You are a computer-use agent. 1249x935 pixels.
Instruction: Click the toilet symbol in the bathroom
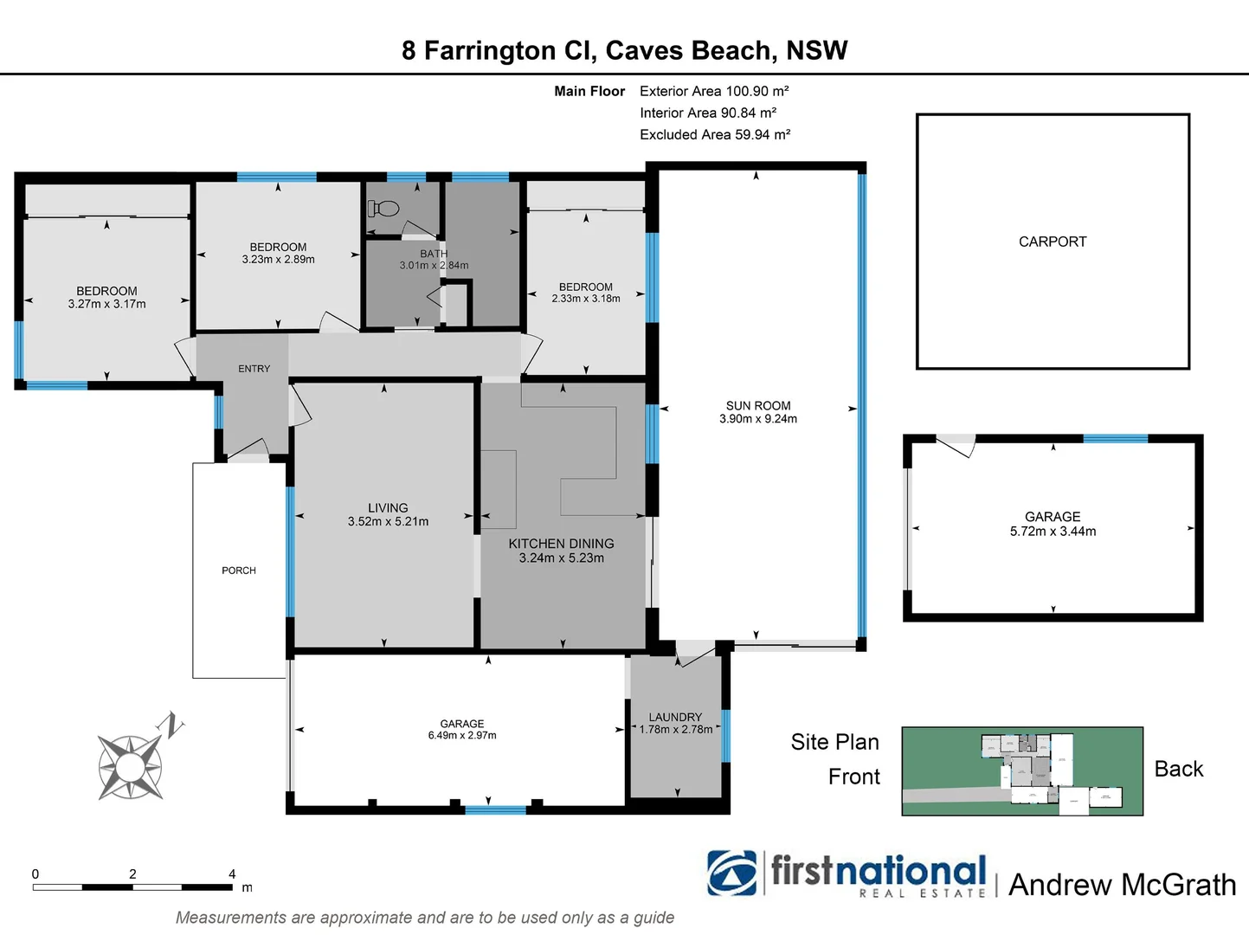pos(383,209)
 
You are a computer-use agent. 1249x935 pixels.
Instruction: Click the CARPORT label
pos(1052,242)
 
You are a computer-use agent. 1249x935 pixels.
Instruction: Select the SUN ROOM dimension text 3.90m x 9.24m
pos(757,419)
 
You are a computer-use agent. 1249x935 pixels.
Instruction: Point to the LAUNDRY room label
pos(675,717)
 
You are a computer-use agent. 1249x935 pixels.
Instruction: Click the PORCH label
pos(239,571)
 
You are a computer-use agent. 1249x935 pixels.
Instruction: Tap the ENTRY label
pos(254,369)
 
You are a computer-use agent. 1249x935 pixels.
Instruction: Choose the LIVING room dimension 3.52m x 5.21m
pos(388,522)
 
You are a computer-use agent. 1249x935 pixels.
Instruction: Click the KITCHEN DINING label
pos(561,544)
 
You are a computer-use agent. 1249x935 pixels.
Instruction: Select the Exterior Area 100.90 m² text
pos(714,91)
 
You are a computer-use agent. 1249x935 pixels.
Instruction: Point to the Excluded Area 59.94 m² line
pos(715,134)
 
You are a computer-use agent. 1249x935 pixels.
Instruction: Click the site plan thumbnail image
pos(1022,771)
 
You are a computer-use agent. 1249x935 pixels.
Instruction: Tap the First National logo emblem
pos(731,873)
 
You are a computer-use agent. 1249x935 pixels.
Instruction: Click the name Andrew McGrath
pos(1122,885)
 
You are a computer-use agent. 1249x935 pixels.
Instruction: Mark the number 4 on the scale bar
pos(232,874)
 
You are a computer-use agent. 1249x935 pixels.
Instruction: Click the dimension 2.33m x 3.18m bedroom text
pos(586,299)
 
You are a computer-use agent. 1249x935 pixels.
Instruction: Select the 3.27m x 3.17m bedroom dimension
pos(106,304)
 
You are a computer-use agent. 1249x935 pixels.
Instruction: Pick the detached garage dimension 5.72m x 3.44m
pos(1053,532)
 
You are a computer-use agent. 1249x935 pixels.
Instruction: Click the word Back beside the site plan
pos(1178,769)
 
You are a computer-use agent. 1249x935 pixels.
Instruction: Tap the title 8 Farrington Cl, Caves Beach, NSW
pos(624,51)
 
